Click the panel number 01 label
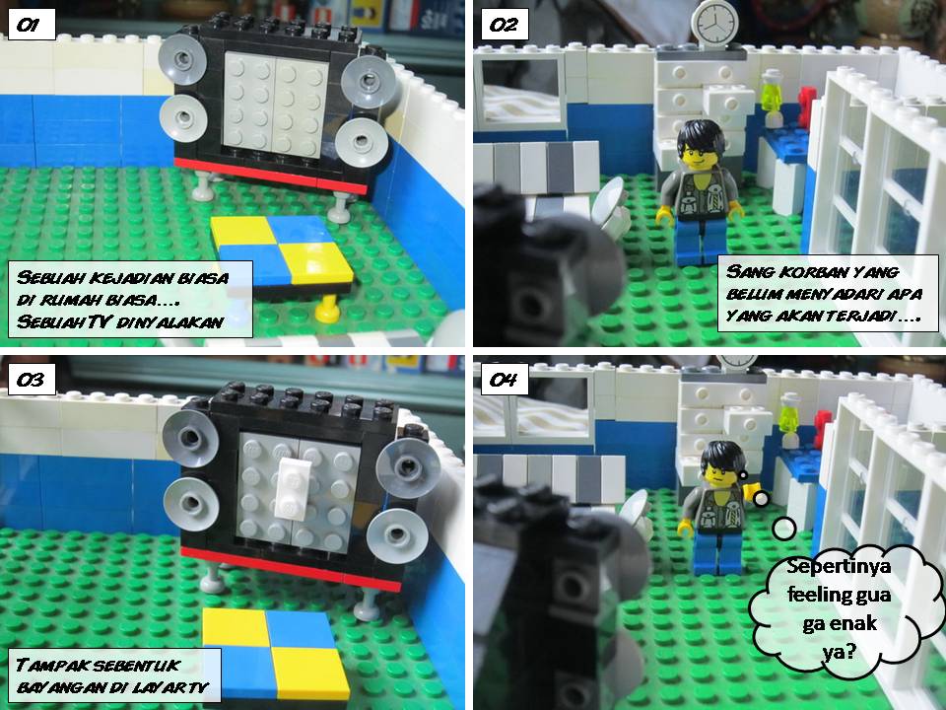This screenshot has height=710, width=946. click(32, 25)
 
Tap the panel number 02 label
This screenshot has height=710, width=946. click(505, 25)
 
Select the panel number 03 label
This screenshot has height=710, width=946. click(32, 380)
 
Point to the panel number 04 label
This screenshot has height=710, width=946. click(505, 380)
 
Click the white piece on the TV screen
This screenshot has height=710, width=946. click(291, 488)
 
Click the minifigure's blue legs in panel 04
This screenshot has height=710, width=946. click(718, 551)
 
